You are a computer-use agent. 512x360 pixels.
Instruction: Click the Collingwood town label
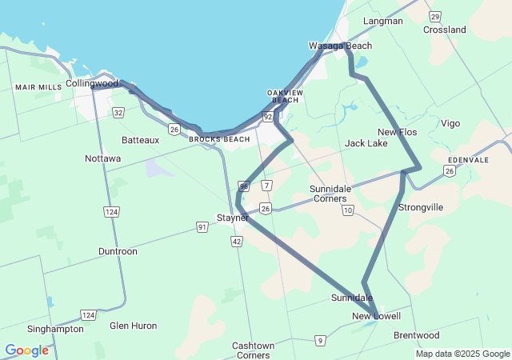click(92, 83)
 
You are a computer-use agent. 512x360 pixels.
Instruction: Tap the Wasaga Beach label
click(341, 46)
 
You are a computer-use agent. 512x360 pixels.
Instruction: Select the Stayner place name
click(233, 217)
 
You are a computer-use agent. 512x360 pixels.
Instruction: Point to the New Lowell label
click(376, 317)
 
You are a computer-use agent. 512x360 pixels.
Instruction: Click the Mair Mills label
click(38, 86)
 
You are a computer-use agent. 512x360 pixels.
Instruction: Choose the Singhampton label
click(55, 329)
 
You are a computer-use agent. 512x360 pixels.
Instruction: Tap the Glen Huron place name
click(134, 326)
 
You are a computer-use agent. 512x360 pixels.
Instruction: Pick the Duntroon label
click(118, 251)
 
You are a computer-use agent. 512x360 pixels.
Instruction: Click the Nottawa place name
click(103, 158)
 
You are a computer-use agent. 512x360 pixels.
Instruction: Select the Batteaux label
click(141, 139)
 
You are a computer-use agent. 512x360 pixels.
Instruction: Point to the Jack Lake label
click(366, 143)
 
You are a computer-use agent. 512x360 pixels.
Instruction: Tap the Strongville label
click(421, 207)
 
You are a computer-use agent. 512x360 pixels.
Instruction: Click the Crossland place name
click(445, 30)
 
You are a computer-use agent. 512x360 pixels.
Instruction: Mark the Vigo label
click(450, 123)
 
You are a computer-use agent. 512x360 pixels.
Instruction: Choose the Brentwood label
click(416, 335)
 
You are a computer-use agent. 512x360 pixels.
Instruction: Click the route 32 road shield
click(118, 113)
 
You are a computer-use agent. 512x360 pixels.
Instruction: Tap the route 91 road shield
click(203, 227)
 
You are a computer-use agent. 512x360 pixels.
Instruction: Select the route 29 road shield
click(434, 16)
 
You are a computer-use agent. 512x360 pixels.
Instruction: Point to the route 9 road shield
click(320, 341)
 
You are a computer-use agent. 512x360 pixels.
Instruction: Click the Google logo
click(26, 350)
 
